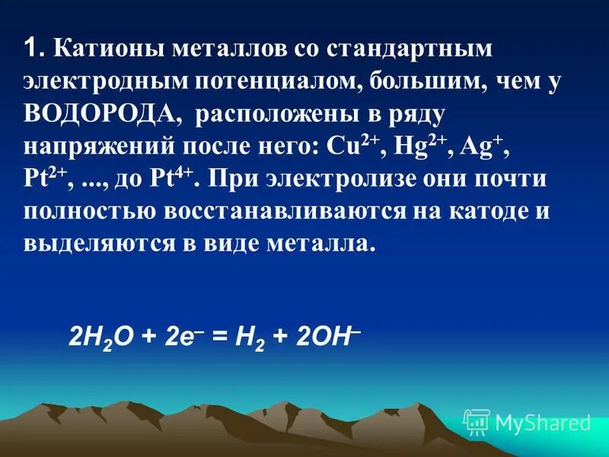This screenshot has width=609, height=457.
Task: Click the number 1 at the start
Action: click(x=31, y=50)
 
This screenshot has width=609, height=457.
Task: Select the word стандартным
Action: click(x=410, y=50)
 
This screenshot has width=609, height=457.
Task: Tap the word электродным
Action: click(x=104, y=82)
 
